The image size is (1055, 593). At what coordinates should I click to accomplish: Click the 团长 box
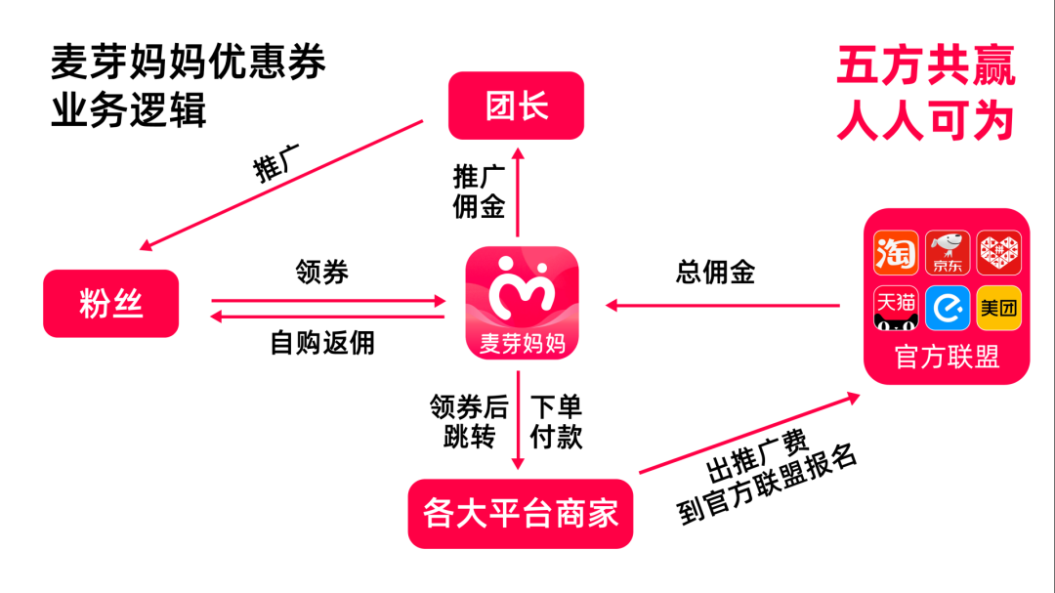click(x=516, y=106)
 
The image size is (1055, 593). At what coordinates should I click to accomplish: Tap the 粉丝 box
click(x=111, y=304)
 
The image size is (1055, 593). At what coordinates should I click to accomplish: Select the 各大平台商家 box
click(x=521, y=513)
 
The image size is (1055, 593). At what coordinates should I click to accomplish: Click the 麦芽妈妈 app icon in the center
click(x=522, y=303)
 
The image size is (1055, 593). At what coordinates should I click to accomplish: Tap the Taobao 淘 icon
click(x=896, y=253)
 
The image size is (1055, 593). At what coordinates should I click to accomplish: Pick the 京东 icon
click(x=947, y=253)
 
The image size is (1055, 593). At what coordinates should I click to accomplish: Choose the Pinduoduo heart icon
click(x=998, y=253)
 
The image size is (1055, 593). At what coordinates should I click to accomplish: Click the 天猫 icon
click(x=896, y=308)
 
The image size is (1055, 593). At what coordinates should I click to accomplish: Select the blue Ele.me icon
click(x=947, y=308)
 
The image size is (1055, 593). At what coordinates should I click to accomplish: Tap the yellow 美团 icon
click(x=998, y=308)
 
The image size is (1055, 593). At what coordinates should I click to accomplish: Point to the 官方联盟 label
click(x=947, y=358)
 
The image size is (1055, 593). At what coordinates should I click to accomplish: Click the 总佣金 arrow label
click(x=715, y=273)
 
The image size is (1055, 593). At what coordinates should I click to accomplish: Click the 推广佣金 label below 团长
click(x=479, y=191)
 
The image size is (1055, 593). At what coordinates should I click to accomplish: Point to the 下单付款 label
click(x=556, y=422)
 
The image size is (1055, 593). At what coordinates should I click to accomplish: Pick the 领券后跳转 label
click(x=469, y=422)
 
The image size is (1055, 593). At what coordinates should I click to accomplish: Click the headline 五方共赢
click(x=925, y=67)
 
